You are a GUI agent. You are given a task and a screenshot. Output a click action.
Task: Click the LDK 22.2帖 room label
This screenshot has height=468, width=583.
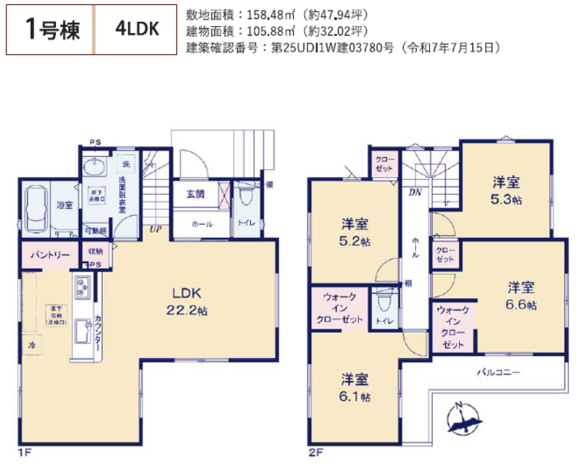[x=186, y=302]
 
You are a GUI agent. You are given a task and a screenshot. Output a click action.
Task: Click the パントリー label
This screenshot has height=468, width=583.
[x=50, y=255]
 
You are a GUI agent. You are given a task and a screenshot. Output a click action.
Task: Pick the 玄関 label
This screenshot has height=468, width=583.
[x=195, y=194]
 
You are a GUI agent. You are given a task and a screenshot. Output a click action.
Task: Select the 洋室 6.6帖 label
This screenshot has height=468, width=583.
[x=521, y=296]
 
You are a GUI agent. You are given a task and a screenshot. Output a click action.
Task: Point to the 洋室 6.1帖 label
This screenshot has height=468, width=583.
[x=355, y=388]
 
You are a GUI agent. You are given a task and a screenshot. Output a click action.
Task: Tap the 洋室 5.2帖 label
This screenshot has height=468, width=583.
[x=355, y=232]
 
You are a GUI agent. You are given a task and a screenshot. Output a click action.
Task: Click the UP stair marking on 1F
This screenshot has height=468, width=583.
[x=155, y=229]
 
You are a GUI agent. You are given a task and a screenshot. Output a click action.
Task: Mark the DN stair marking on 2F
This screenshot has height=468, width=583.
[x=415, y=192]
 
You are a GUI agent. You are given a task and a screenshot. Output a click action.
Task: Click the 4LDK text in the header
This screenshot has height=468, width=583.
[x=137, y=29]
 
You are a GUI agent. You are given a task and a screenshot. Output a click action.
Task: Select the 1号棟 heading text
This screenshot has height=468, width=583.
[x=52, y=30]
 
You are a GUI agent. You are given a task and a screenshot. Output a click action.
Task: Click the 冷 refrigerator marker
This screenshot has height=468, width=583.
[x=32, y=345]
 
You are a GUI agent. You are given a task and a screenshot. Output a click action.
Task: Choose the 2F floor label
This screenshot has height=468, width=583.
[x=315, y=453]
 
